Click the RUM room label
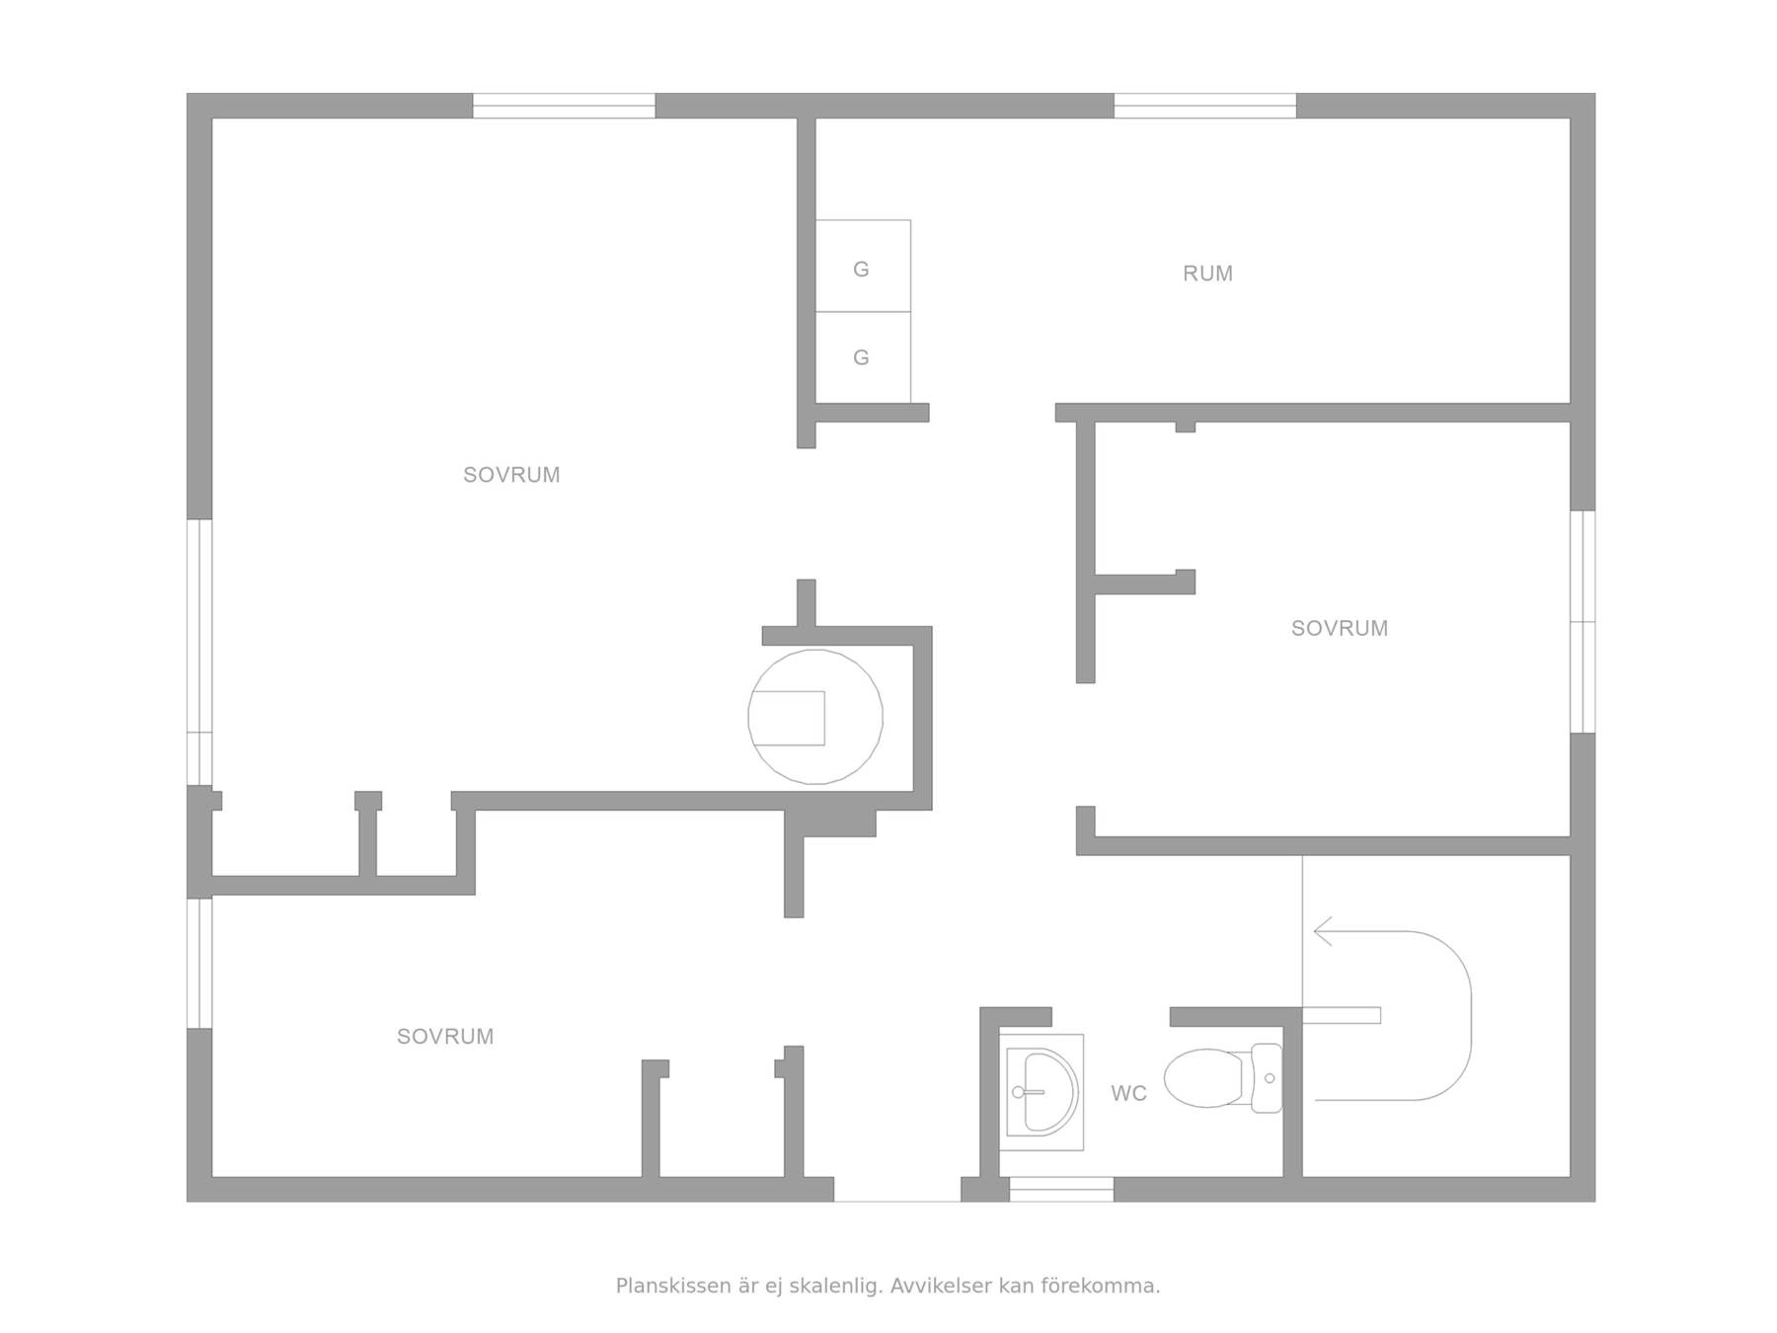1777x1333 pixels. pos(1207,274)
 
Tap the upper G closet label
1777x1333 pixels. pos(861,269)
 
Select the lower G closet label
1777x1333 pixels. pos(861,357)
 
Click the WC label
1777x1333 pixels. pos(1128,1093)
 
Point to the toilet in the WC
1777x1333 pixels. pos(1223,1077)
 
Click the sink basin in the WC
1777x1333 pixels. pos(1044,1092)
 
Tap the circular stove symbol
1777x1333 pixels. pos(815,717)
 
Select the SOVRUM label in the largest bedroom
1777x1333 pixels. pos(511,475)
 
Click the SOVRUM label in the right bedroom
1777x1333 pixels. pos(1340,628)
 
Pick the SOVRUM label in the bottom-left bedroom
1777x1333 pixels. pos(445,1037)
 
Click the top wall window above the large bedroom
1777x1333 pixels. pos(564,106)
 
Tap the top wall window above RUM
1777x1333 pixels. pos(1205,106)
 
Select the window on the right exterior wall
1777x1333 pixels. pos(1583,622)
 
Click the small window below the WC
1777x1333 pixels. pos(1061,1189)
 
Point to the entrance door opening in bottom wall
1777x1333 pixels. pos(897,1190)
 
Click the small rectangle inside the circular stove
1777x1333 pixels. pos(787,718)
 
